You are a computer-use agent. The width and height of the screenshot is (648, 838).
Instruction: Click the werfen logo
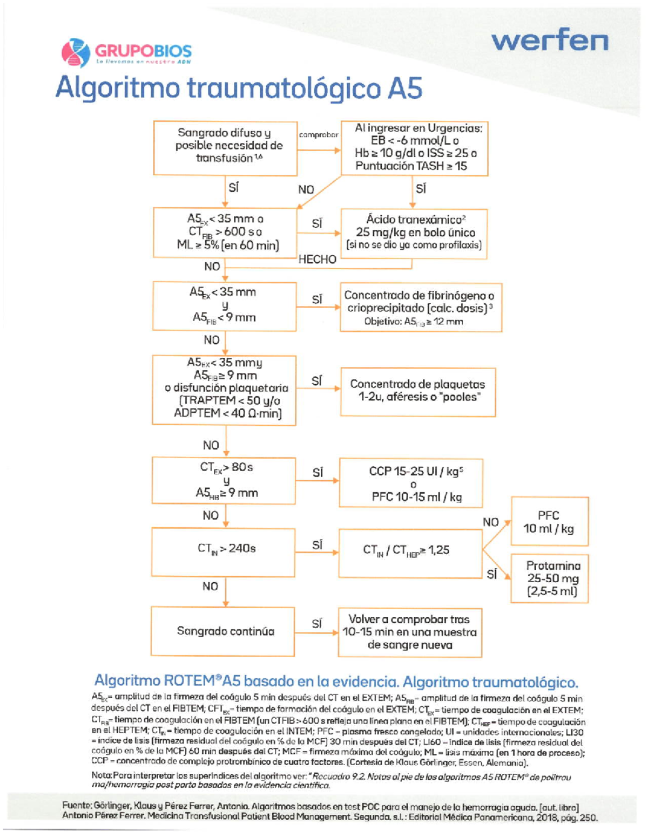550,40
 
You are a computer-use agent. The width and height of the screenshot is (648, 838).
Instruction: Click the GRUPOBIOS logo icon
76,52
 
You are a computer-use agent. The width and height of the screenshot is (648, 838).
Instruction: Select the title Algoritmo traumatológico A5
239,88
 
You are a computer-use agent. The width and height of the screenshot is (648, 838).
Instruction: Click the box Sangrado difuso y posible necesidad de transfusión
225,147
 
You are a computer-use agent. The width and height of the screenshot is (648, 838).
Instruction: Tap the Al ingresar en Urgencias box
415,148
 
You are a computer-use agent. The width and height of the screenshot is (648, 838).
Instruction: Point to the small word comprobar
319,135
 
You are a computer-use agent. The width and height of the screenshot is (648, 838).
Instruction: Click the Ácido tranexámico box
414,233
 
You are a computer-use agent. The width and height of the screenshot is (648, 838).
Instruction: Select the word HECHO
317,260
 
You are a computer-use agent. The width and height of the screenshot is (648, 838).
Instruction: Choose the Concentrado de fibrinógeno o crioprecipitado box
420,308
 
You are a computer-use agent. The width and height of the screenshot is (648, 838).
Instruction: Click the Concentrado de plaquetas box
417,391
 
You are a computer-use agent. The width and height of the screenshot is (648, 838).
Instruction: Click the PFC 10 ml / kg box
549,521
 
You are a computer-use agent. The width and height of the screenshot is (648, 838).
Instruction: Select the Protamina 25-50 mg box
549,578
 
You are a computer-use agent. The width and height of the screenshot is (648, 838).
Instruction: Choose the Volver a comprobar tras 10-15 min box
410,632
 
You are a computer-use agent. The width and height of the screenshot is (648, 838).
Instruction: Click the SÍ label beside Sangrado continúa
317,624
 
